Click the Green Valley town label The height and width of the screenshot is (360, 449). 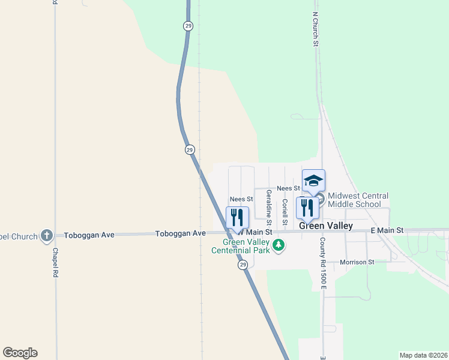[x=326, y=226]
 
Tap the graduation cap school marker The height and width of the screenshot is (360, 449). [x=313, y=181]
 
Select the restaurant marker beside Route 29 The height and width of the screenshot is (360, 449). [x=237, y=217]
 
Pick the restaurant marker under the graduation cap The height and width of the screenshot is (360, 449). [x=307, y=208]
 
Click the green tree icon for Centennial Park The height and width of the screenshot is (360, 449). [x=278, y=244]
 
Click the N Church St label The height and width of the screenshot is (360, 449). [x=315, y=28]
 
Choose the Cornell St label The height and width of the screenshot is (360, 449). [x=285, y=208]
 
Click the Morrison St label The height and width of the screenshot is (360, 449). [x=357, y=262]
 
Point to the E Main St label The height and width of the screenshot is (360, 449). [x=387, y=230]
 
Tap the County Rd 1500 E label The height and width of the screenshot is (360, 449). [x=322, y=260]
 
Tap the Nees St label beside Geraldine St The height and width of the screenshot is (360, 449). [x=242, y=199]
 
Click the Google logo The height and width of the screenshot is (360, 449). [x=20, y=352]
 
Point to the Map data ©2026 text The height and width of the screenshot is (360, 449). [x=423, y=355]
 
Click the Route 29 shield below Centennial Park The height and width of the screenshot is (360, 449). [x=243, y=265]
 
